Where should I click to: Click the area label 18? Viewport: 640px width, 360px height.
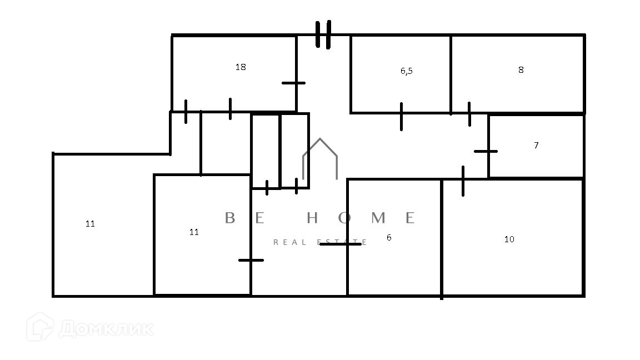pyautogui.click(x=241, y=67)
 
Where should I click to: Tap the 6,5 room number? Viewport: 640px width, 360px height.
pyautogui.click(x=406, y=71)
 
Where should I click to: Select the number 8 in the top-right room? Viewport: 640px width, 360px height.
pyautogui.click(x=521, y=70)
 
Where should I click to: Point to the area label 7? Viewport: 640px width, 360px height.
pyautogui.click(x=536, y=146)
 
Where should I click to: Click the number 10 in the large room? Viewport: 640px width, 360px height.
pyautogui.click(x=509, y=239)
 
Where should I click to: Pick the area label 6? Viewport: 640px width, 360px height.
pyautogui.click(x=389, y=237)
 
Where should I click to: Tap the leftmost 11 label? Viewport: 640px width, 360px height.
pyautogui.click(x=90, y=224)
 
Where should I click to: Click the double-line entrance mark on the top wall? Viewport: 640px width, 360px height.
pyautogui.click(x=323, y=34)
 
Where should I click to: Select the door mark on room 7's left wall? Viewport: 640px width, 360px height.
pyautogui.click(x=486, y=151)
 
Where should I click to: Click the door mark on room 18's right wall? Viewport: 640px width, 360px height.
pyautogui.click(x=294, y=83)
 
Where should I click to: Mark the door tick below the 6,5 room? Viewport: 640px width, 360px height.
pyautogui.click(x=401, y=116)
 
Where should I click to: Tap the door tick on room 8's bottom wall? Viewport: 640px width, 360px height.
pyautogui.click(x=469, y=114)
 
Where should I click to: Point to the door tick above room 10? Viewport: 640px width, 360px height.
pyautogui.click(x=463, y=181)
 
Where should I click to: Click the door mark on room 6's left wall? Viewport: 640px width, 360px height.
pyautogui.click(x=341, y=244)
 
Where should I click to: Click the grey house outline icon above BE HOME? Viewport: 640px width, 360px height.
pyautogui.click(x=320, y=159)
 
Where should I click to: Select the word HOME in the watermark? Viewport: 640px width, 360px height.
pyautogui.click(x=361, y=218)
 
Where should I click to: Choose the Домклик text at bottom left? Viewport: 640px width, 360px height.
pyautogui.click(x=106, y=328)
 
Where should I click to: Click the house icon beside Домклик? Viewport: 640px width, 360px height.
pyautogui.click(x=41, y=327)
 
